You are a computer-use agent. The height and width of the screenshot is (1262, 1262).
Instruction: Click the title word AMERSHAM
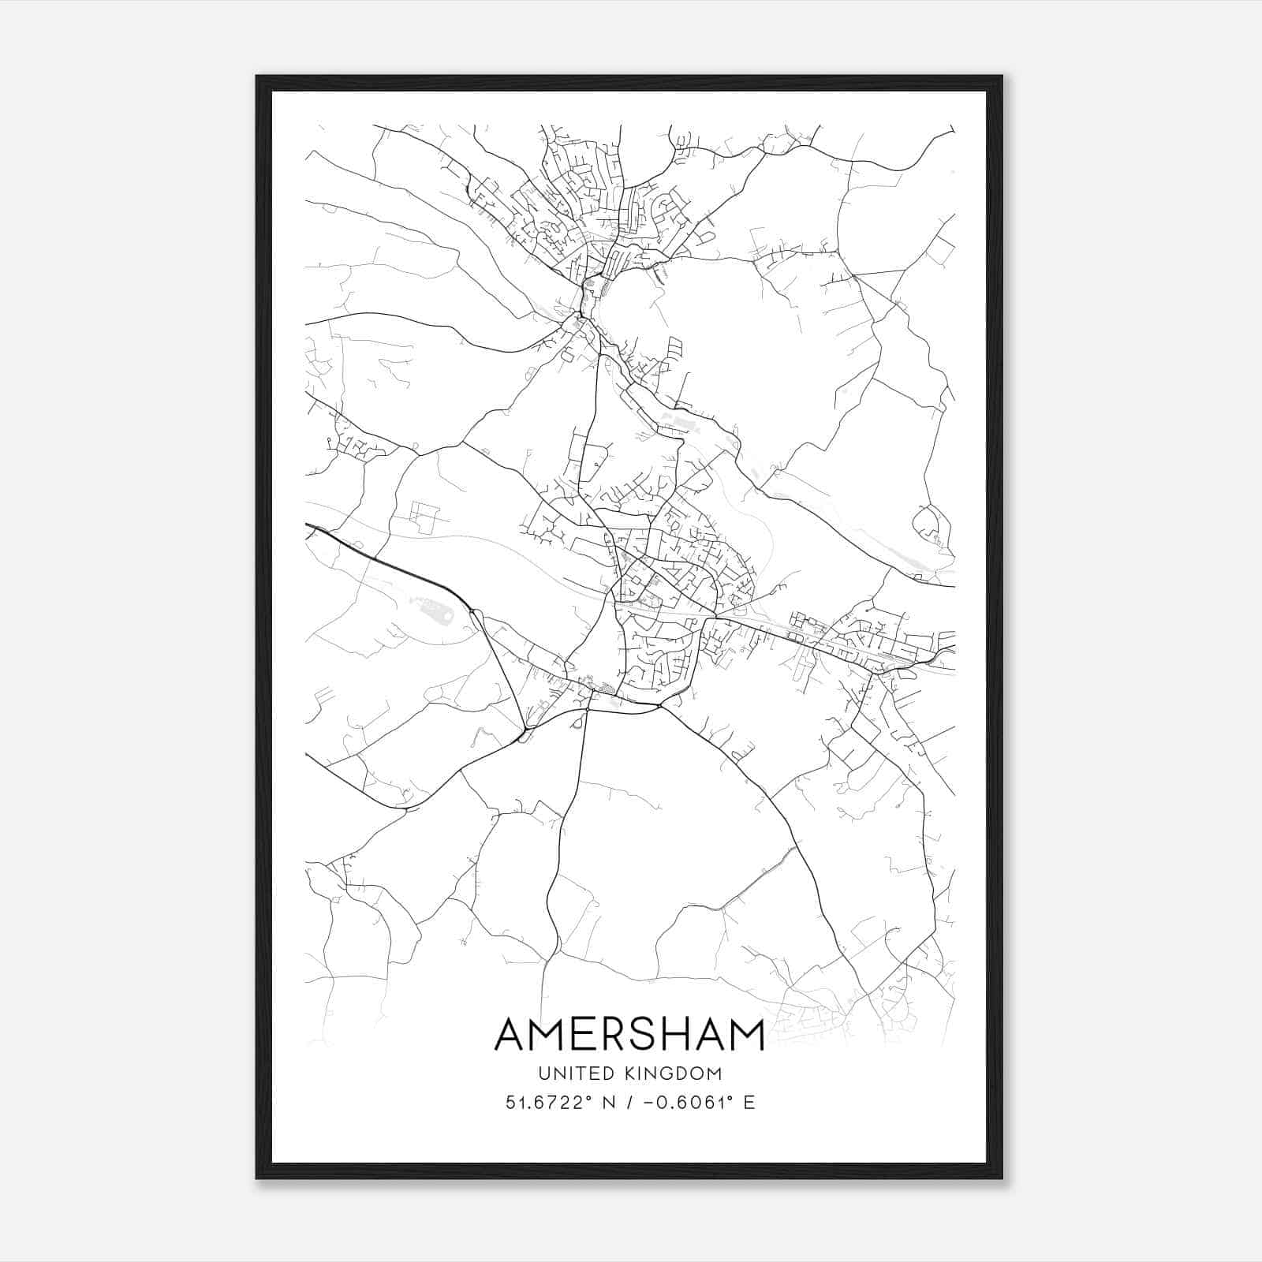(x=629, y=1034)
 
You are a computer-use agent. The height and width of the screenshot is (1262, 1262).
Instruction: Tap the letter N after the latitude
(x=609, y=1102)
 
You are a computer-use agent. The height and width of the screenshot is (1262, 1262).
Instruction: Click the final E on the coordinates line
(x=749, y=1102)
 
